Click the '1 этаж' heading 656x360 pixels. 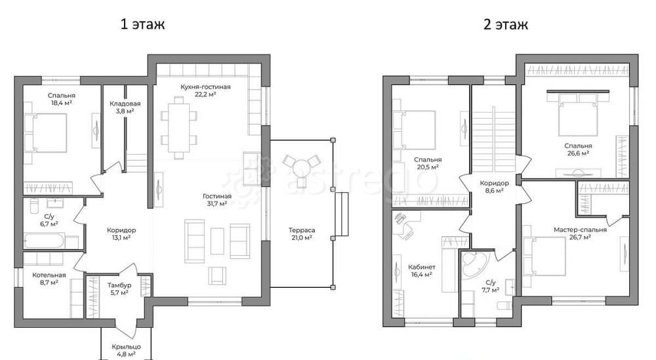142,24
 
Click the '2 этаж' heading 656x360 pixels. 505,24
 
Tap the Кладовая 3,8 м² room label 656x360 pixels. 125,107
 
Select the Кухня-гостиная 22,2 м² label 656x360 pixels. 205,90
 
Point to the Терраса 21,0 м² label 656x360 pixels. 302,233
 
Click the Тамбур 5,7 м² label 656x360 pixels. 119,289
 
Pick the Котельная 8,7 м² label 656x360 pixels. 49,279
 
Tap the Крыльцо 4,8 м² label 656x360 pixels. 126,350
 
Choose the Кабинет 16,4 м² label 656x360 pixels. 422,271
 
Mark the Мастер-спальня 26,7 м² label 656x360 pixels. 580,233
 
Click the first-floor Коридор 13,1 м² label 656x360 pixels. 121,233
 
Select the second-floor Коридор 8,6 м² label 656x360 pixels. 494,186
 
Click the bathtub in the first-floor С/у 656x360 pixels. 45,241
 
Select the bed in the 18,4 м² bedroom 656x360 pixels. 46,133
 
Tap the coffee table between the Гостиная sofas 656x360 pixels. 217,241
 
